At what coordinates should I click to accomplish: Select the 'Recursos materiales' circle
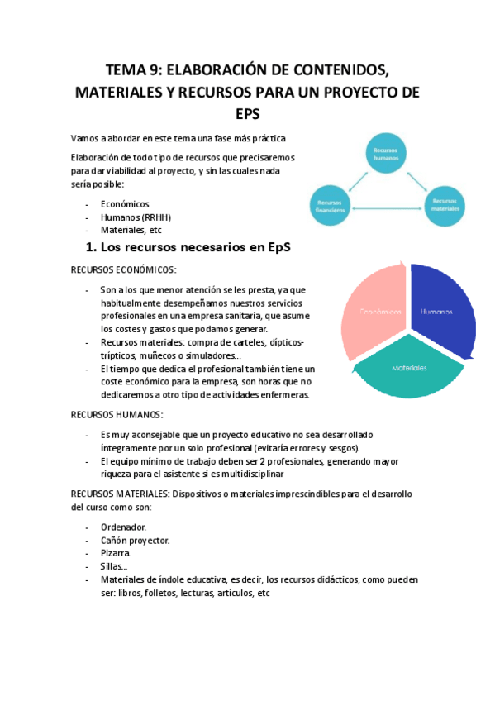[445, 203]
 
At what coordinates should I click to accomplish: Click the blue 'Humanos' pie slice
[440, 312]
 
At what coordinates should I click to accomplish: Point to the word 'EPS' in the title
[248, 112]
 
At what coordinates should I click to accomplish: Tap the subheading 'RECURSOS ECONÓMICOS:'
[123, 269]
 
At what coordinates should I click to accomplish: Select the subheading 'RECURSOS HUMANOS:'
[117, 414]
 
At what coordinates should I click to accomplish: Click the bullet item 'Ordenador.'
[123, 527]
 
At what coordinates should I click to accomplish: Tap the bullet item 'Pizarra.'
[116, 553]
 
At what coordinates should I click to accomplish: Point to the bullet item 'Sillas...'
[114, 566]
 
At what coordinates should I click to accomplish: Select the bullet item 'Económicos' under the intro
[125, 203]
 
